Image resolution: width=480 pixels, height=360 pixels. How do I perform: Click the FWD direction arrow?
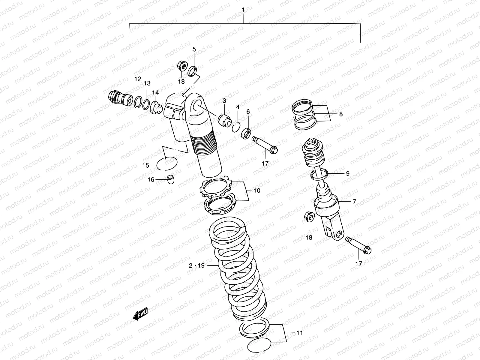[x=140, y=314]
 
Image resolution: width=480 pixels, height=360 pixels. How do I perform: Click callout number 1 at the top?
[x=243, y=10]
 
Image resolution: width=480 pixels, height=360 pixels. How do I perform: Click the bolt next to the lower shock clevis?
[x=359, y=245]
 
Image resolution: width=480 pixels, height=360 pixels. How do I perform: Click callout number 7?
[x=354, y=202]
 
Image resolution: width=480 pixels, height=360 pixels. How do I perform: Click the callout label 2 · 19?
[x=197, y=265]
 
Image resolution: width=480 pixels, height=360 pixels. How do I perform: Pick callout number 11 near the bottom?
[x=299, y=333]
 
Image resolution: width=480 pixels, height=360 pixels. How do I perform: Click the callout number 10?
[x=257, y=190]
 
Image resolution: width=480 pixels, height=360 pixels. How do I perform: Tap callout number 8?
[x=341, y=114]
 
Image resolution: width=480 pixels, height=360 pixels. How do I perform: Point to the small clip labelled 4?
[x=236, y=128]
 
